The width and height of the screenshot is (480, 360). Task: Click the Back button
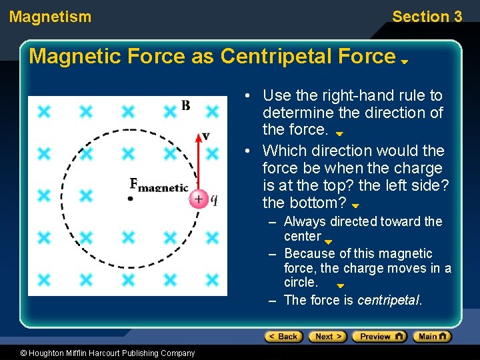click(x=283, y=337)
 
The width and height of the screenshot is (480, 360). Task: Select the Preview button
click(x=379, y=337)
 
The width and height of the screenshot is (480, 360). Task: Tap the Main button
click(x=432, y=337)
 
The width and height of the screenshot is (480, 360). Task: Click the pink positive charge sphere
click(x=198, y=199)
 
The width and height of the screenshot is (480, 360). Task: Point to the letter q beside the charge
click(x=214, y=199)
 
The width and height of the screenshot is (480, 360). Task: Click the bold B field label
click(x=185, y=106)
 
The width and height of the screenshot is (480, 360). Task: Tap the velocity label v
click(x=206, y=136)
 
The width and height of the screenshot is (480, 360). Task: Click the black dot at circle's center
click(x=131, y=198)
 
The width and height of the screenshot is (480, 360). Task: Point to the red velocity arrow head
click(x=198, y=138)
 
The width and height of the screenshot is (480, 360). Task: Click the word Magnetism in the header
click(x=50, y=17)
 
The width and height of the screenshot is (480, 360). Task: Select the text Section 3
click(x=427, y=17)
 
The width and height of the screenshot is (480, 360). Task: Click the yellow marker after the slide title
click(x=404, y=61)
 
